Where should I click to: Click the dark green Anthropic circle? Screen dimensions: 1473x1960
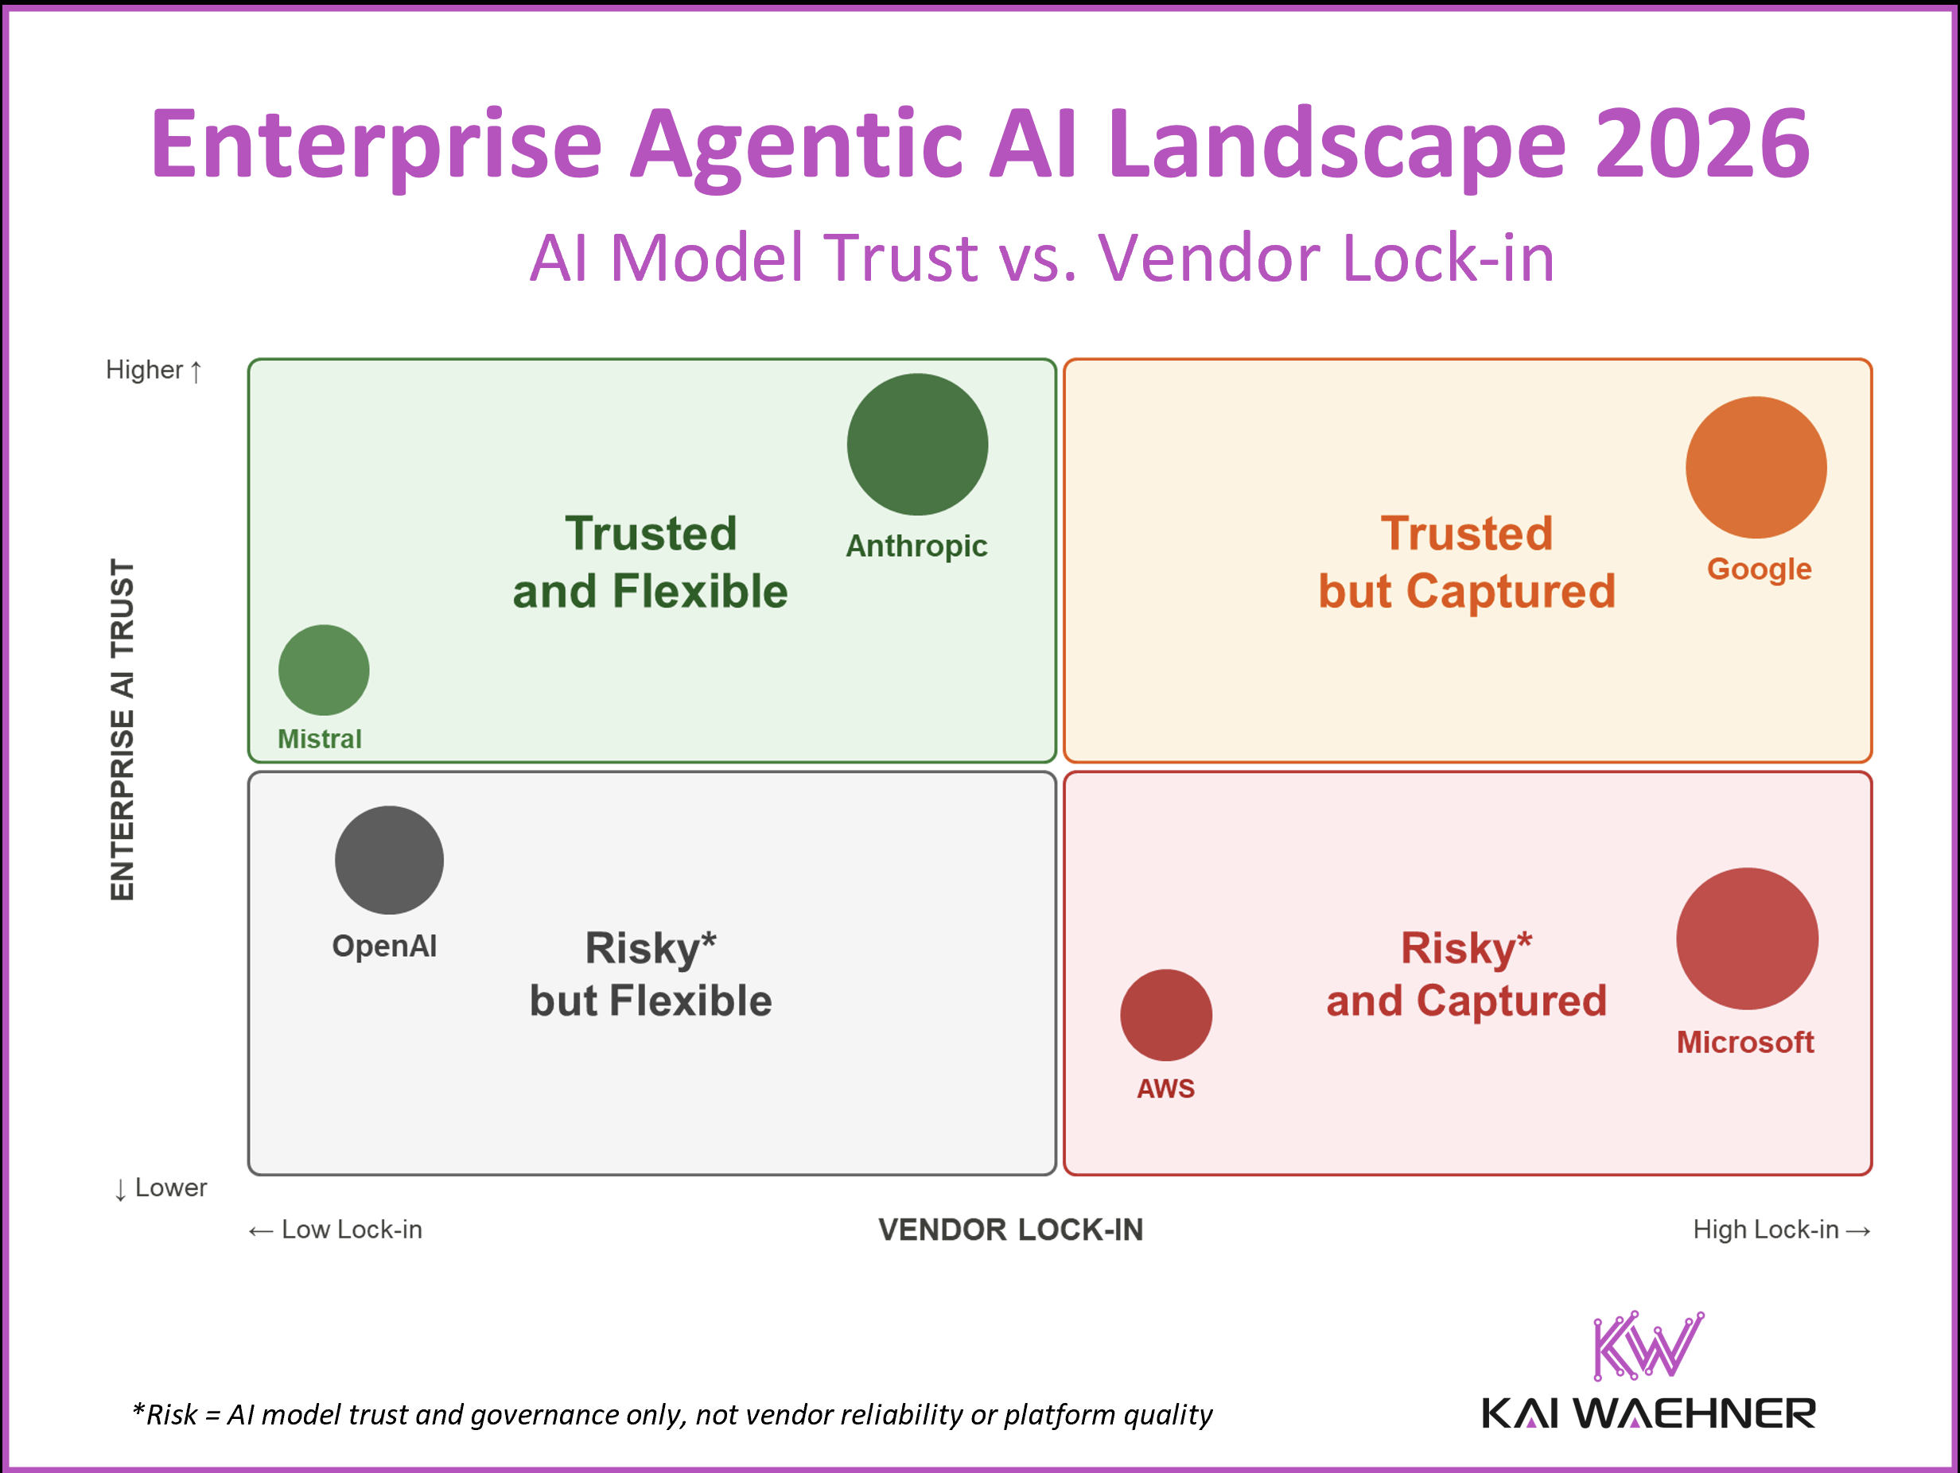pos(917,444)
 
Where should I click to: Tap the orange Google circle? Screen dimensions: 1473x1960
pos(1756,467)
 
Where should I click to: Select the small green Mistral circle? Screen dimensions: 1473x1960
pos(324,670)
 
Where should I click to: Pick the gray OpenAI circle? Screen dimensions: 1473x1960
pos(389,859)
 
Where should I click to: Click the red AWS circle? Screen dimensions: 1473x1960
pos(1165,1014)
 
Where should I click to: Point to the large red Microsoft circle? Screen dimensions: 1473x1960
pos(1747,938)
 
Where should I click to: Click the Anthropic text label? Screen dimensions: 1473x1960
pos(916,546)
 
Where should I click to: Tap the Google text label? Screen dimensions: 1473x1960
pos(1759,569)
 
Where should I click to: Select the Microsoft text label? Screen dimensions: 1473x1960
pos(1744,1042)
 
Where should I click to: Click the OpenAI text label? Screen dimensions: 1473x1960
pos(383,946)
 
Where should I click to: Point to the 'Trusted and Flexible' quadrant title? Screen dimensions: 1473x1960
pos(651,562)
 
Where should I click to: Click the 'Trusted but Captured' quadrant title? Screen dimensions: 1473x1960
pos(1467,562)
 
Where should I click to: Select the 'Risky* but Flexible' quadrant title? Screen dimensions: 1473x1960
pos(651,974)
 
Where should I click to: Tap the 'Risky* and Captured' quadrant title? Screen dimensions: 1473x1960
pos(1467,974)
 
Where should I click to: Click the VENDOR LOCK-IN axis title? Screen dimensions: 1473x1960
pos(1010,1230)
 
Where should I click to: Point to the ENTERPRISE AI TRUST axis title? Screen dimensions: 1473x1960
pos(122,729)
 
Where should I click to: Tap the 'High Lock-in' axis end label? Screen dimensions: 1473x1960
pos(1780,1230)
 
